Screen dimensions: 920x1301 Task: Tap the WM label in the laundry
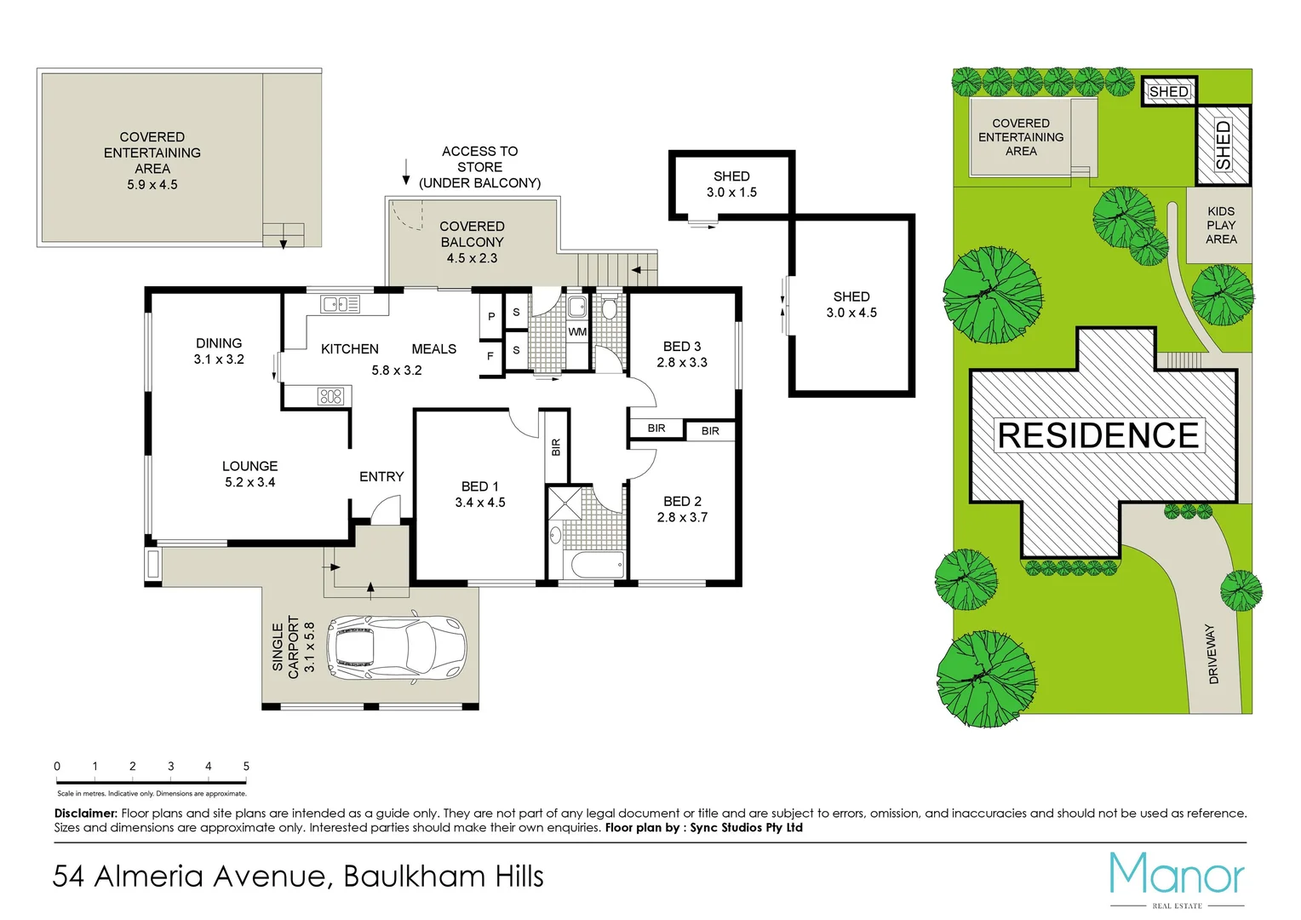(x=577, y=331)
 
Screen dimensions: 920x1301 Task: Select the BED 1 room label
(x=480, y=494)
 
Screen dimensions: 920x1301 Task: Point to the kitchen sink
(x=340, y=303)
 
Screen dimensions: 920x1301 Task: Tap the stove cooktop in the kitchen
(x=330, y=395)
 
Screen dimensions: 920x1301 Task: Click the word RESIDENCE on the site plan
(x=1098, y=435)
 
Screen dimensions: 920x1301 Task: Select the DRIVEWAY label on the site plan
(x=1212, y=653)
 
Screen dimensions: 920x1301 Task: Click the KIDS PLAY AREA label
(x=1220, y=225)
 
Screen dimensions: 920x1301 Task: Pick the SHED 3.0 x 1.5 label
(x=731, y=184)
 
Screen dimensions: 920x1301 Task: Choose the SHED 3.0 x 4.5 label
(x=851, y=304)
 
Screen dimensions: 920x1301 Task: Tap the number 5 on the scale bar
(x=246, y=766)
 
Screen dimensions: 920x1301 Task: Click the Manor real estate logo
(x=1177, y=877)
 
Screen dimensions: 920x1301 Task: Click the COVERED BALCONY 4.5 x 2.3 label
(x=472, y=242)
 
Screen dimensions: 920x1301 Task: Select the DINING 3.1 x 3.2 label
(x=219, y=351)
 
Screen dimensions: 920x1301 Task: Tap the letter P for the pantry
(x=491, y=316)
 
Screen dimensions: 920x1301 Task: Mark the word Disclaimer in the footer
(x=85, y=814)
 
